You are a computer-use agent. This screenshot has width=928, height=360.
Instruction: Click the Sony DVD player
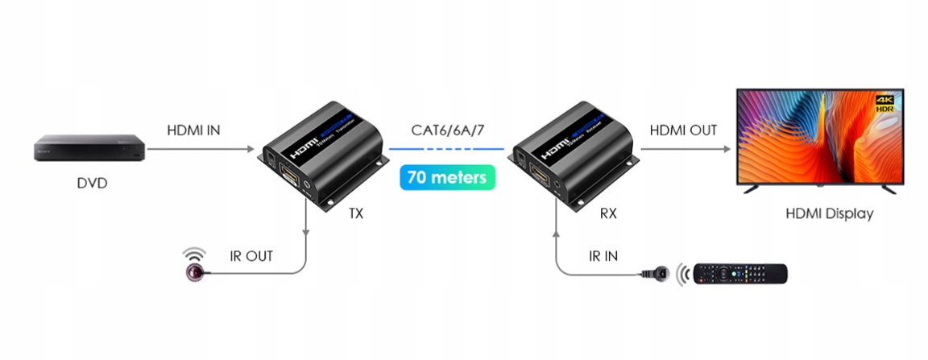click(89, 149)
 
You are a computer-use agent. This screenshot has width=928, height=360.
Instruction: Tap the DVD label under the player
click(92, 184)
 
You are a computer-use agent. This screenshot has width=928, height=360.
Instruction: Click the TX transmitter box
click(322, 157)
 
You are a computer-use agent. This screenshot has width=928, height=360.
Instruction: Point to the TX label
click(355, 214)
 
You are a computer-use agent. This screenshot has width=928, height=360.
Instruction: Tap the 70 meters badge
click(447, 176)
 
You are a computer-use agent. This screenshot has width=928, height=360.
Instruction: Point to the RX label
click(609, 214)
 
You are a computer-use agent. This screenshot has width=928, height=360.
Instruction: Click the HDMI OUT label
click(683, 130)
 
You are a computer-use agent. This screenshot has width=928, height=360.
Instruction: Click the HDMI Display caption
click(829, 215)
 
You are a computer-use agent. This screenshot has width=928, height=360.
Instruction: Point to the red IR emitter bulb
click(193, 273)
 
